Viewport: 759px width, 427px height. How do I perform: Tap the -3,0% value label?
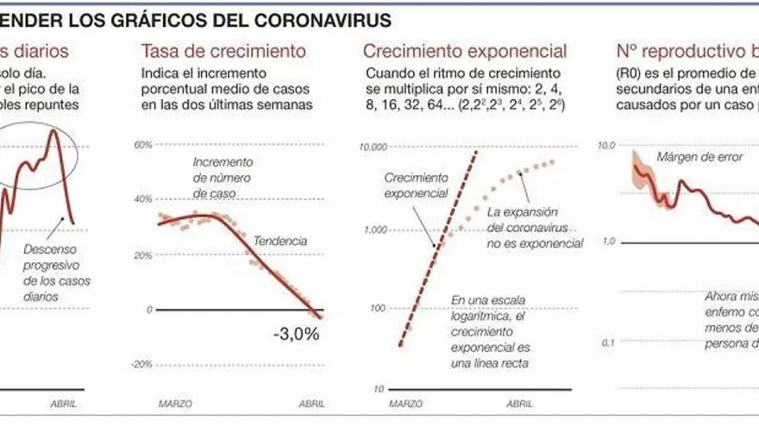coord(295,334)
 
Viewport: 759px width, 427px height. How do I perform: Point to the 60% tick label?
coord(142,144)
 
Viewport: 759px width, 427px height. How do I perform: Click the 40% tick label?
coord(142,199)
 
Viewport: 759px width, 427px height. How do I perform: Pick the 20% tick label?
coord(142,255)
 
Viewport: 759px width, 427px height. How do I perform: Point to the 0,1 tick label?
coord(608,343)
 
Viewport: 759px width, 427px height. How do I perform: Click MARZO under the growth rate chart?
coord(175,403)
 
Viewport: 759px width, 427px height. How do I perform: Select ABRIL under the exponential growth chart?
coord(520,403)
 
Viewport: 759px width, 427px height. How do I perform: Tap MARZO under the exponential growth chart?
coord(406,403)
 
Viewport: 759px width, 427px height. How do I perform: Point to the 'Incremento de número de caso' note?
coord(223,178)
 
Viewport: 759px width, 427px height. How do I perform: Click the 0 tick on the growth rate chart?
coord(149,310)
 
